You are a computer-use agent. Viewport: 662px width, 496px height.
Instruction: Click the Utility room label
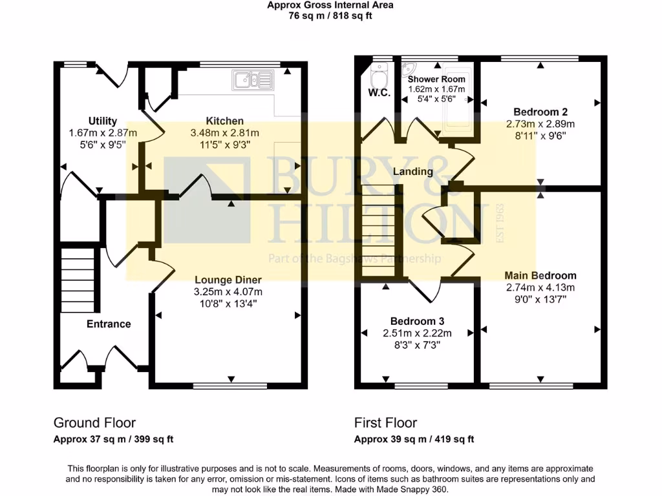[x=102, y=121]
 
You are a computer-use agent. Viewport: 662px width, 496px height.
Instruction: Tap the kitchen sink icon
[x=253, y=81]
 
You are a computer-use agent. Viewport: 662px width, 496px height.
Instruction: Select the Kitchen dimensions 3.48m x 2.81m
[x=225, y=133]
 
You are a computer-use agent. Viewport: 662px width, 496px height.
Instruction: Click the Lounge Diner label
[x=228, y=280]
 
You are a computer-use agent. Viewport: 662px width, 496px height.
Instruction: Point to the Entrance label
[x=109, y=324]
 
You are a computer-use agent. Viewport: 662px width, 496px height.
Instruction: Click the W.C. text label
[x=379, y=93]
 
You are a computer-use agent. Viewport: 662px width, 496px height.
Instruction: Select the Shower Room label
[x=436, y=79]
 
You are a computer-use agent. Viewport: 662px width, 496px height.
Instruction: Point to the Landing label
[x=413, y=172]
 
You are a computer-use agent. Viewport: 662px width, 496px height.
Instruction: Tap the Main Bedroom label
[x=540, y=275]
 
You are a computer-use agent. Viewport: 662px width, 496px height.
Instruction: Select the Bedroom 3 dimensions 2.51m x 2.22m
[x=417, y=333]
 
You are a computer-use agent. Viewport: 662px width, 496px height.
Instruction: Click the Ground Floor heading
[x=94, y=423]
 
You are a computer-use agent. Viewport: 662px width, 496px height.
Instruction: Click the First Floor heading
[x=385, y=423]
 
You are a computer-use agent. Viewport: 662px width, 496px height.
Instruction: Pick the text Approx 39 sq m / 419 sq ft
[x=414, y=439]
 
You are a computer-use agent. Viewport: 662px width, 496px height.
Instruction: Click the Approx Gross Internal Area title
[x=330, y=5]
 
